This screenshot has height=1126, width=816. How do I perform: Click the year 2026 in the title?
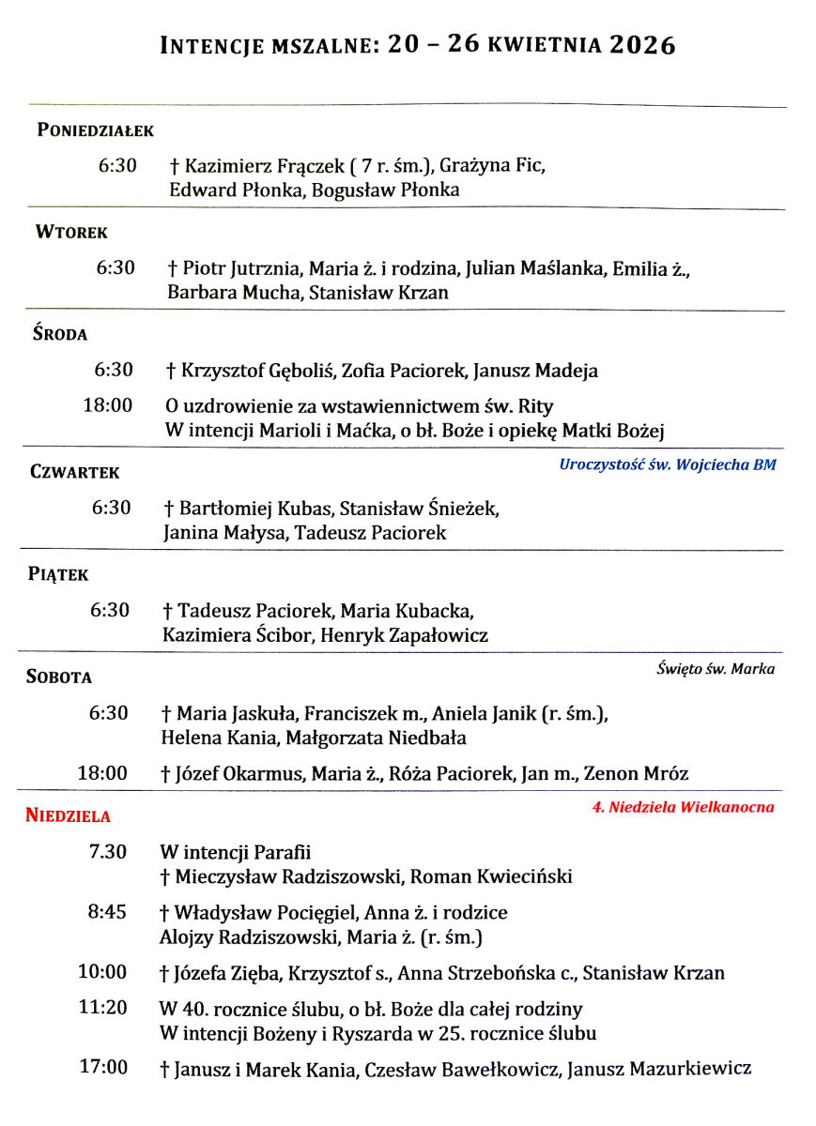[641, 45]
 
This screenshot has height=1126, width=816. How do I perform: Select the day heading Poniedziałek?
[95, 130]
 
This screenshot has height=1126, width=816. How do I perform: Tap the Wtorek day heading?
[71, 232]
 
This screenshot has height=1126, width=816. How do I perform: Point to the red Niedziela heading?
[68, 814]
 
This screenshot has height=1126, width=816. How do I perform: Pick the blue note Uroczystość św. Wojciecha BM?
[668, 464]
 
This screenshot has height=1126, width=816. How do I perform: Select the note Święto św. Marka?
[716, 669]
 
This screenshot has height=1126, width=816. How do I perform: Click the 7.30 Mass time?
[107, 853]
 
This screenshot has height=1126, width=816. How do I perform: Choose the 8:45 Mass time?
[107, 912]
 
